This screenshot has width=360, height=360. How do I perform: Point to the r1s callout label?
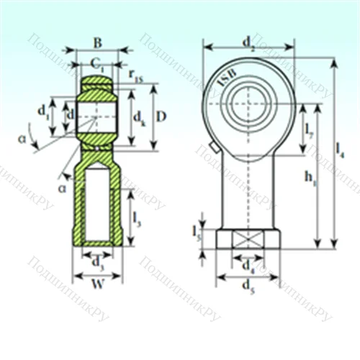coord(135,73)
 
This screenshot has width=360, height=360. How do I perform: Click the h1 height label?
coord(310,176)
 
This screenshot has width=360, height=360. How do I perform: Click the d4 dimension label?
coord(248,266)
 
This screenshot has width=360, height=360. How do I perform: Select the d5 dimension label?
coord(249,286)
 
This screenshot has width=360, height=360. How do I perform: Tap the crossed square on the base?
coord(249,239)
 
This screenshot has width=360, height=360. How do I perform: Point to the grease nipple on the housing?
coord(214,148)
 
